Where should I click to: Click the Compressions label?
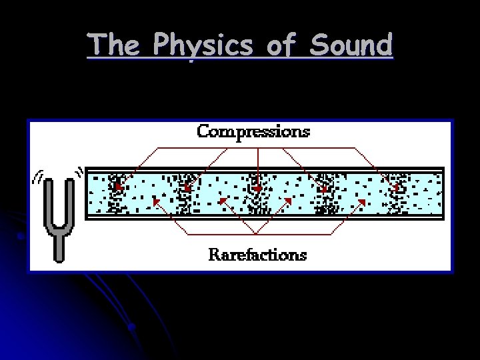[x=253, y=131]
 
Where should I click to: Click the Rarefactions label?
[x=257, y=255]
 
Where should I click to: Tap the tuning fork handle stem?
[x=59, y=247]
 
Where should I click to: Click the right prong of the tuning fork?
[x=69, y=203]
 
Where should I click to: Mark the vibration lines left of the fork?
[x=38, y=177]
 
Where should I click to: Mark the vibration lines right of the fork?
[x=80, y=173]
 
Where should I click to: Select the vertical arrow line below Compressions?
[x=258, y=167]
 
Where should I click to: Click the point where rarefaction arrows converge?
[x=257, y=234]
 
